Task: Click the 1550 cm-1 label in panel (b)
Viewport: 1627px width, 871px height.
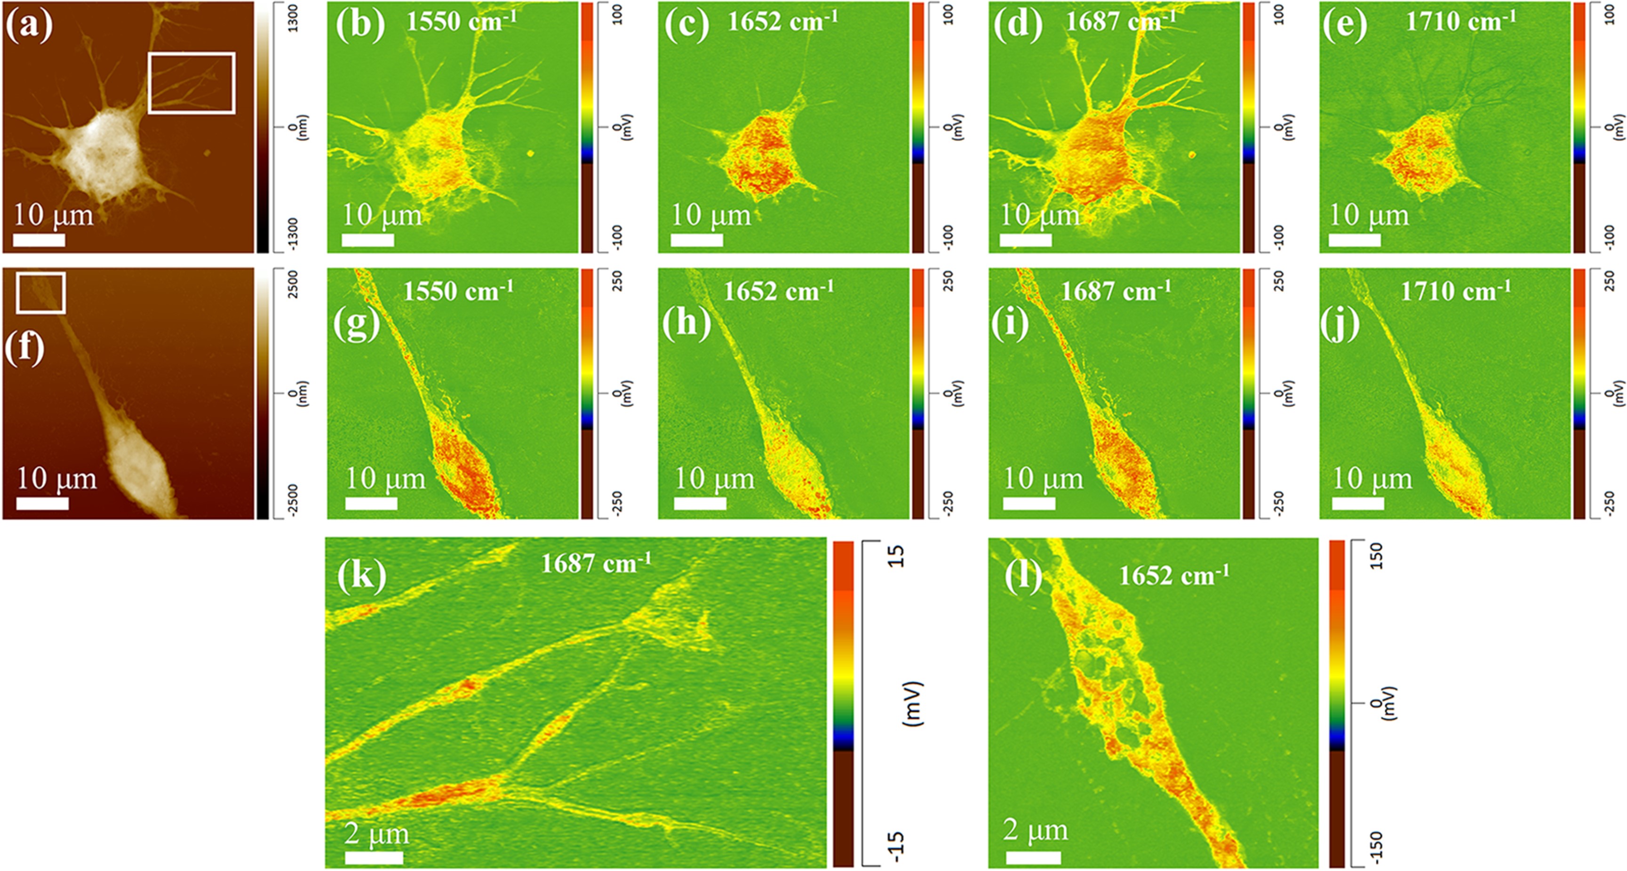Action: click(x=461, y=22)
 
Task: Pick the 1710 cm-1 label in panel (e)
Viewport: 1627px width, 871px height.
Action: click(x=1460, y=22)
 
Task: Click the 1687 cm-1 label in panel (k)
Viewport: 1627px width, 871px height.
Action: click(x=596, y=562)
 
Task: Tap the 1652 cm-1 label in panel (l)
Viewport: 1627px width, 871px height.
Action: click(x=1173, y=575)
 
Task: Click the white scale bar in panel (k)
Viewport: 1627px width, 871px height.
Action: click(x=374, y=858)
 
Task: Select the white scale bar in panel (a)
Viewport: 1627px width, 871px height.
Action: click(x=39, y=240)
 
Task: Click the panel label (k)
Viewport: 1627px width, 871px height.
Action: click(x=361, y=575)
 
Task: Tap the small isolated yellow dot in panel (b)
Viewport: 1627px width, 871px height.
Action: click(x=531, y=153)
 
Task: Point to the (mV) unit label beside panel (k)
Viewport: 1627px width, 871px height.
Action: click(x=912, y=703)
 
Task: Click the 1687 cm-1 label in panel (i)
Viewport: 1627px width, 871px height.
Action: click(x=1116, y=291)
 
